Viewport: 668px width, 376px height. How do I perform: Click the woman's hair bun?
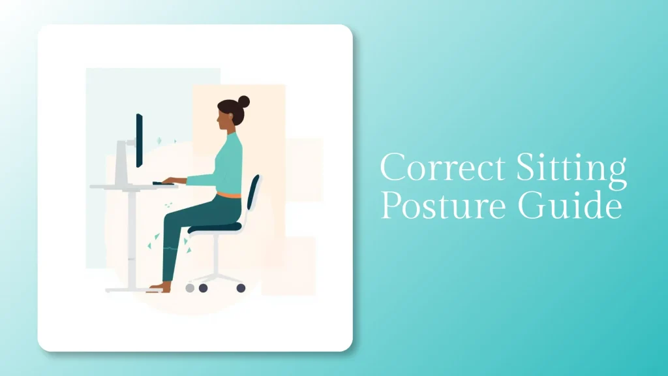(244, 102)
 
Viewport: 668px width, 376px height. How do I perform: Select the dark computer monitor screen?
(139, 140)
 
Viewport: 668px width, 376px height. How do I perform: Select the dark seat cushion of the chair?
(215, 228)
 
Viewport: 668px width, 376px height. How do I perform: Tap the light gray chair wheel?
(190, 287)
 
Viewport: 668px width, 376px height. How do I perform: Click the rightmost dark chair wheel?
(241, 287)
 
